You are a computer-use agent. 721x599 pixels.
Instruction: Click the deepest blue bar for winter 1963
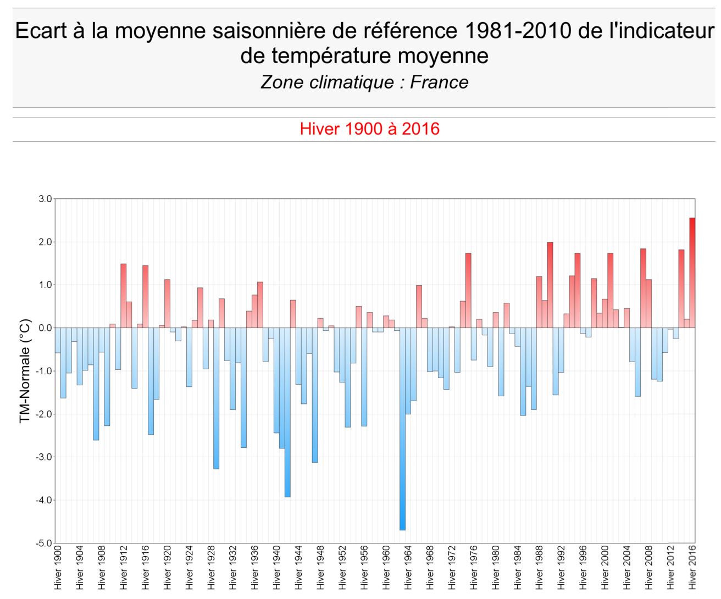[402, 429]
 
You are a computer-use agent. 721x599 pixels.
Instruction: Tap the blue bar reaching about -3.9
[287, 412]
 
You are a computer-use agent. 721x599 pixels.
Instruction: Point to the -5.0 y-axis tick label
[44, 543]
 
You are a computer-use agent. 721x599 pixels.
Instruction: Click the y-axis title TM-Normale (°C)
[25, 371]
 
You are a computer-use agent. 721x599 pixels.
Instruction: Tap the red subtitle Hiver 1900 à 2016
[369, 129]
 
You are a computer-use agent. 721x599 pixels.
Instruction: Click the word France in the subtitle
[439, 82]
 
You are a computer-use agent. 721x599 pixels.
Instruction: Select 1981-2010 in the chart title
[518, 31]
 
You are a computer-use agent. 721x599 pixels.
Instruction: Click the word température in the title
[330, 56]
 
